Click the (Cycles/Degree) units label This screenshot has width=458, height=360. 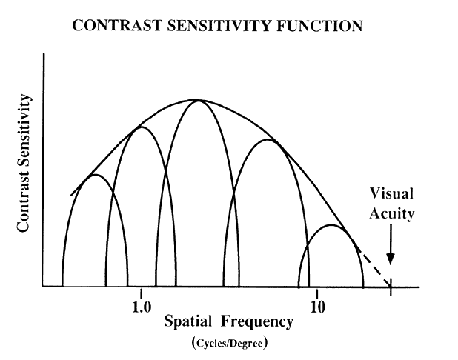pyautogui.click(x=229, y=343)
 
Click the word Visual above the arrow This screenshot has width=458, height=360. pyautogui.click(x=392, y=194)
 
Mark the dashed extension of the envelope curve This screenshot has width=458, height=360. pyautogui.click(x=374, y=267)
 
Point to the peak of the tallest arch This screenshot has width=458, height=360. pyautogui.click(x=198, y=100)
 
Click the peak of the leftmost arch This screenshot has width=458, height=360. pyautogui.click(x=93, y=175)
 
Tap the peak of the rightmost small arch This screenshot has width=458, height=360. pyautogui.click(x=331, y=225)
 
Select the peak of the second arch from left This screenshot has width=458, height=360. pyautogui.click(x=141, y=127)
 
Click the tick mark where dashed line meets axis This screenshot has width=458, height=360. pyautogui.click(x=391, y=286)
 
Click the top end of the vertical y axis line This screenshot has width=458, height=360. pyautogui.click(x=44, y=56)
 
